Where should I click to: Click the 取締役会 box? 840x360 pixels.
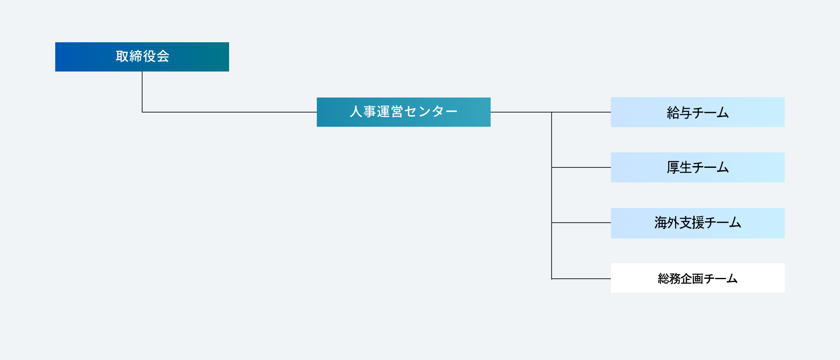pos(142,57)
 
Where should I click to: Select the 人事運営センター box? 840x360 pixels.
pos(404,112)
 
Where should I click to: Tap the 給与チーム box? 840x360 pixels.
pos(698,112)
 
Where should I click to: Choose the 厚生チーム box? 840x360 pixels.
pos(698,167)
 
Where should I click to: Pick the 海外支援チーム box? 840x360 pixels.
pos(698,223)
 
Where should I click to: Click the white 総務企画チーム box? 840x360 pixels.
pos(698,278)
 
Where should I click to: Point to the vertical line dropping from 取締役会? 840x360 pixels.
pos(142,92)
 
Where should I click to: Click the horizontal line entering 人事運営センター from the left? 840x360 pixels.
pos(229,112)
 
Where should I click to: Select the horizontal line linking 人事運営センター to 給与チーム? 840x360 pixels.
pos(551,112)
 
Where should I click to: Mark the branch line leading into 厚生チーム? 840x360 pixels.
pos(581,167)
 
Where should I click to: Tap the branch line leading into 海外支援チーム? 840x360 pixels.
pos(581,223)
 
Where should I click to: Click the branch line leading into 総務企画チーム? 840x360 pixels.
pos(581,279)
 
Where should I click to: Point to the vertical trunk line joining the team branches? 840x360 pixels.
pos(552,195)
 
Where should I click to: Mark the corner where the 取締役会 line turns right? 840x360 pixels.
pos(142,112)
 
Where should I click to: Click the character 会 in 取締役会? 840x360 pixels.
pos(163,56)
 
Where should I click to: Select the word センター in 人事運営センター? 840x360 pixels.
pos(431,111)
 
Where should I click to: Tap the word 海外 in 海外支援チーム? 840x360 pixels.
pos(667,223)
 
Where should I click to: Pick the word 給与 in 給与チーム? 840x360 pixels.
pos(679,113)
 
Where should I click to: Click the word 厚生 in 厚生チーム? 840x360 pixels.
pos(679,167)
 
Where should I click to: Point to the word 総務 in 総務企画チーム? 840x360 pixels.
pos(669,279)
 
